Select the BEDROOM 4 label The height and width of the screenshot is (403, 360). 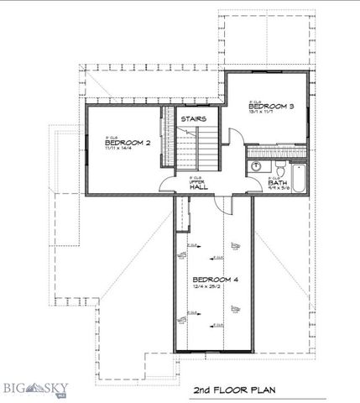[x=215, y=279]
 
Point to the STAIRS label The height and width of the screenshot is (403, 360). [x=194, y=119]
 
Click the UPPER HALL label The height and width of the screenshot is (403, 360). [x=197, y=185]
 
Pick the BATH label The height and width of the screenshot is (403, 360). [x=278, y=181]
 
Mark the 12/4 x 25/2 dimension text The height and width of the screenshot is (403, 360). [x=211, y=287]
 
